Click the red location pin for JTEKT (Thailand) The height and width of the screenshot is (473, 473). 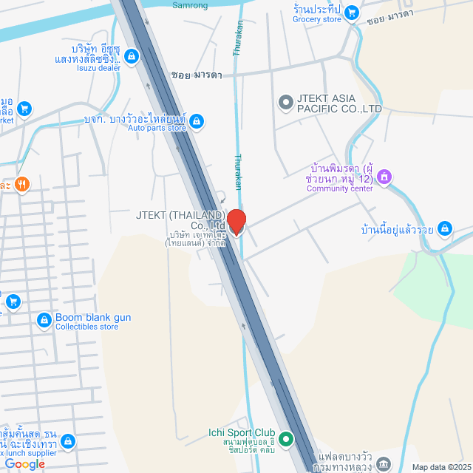tap(236, 222)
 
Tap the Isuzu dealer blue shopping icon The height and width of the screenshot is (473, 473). tap(131, 55)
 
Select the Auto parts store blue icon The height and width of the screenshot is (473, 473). tap(196, 121)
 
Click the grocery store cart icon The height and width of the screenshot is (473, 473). tap(353, 13)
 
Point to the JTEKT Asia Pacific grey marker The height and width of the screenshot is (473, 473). tap(285, 102)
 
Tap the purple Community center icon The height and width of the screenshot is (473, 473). tap(384, 177)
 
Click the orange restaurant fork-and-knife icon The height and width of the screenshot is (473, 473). tap(22, 184)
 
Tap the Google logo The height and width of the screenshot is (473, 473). tap(24, 463)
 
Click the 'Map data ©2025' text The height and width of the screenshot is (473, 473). tap(440, 467)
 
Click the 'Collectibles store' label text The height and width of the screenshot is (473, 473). tap(86, 327)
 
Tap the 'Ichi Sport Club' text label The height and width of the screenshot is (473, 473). tap(242, 432)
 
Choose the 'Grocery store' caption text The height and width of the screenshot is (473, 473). tap(316, 19)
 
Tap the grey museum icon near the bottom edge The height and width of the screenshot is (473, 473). tap(383, 464)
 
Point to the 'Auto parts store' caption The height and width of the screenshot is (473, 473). tap(157, 128)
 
